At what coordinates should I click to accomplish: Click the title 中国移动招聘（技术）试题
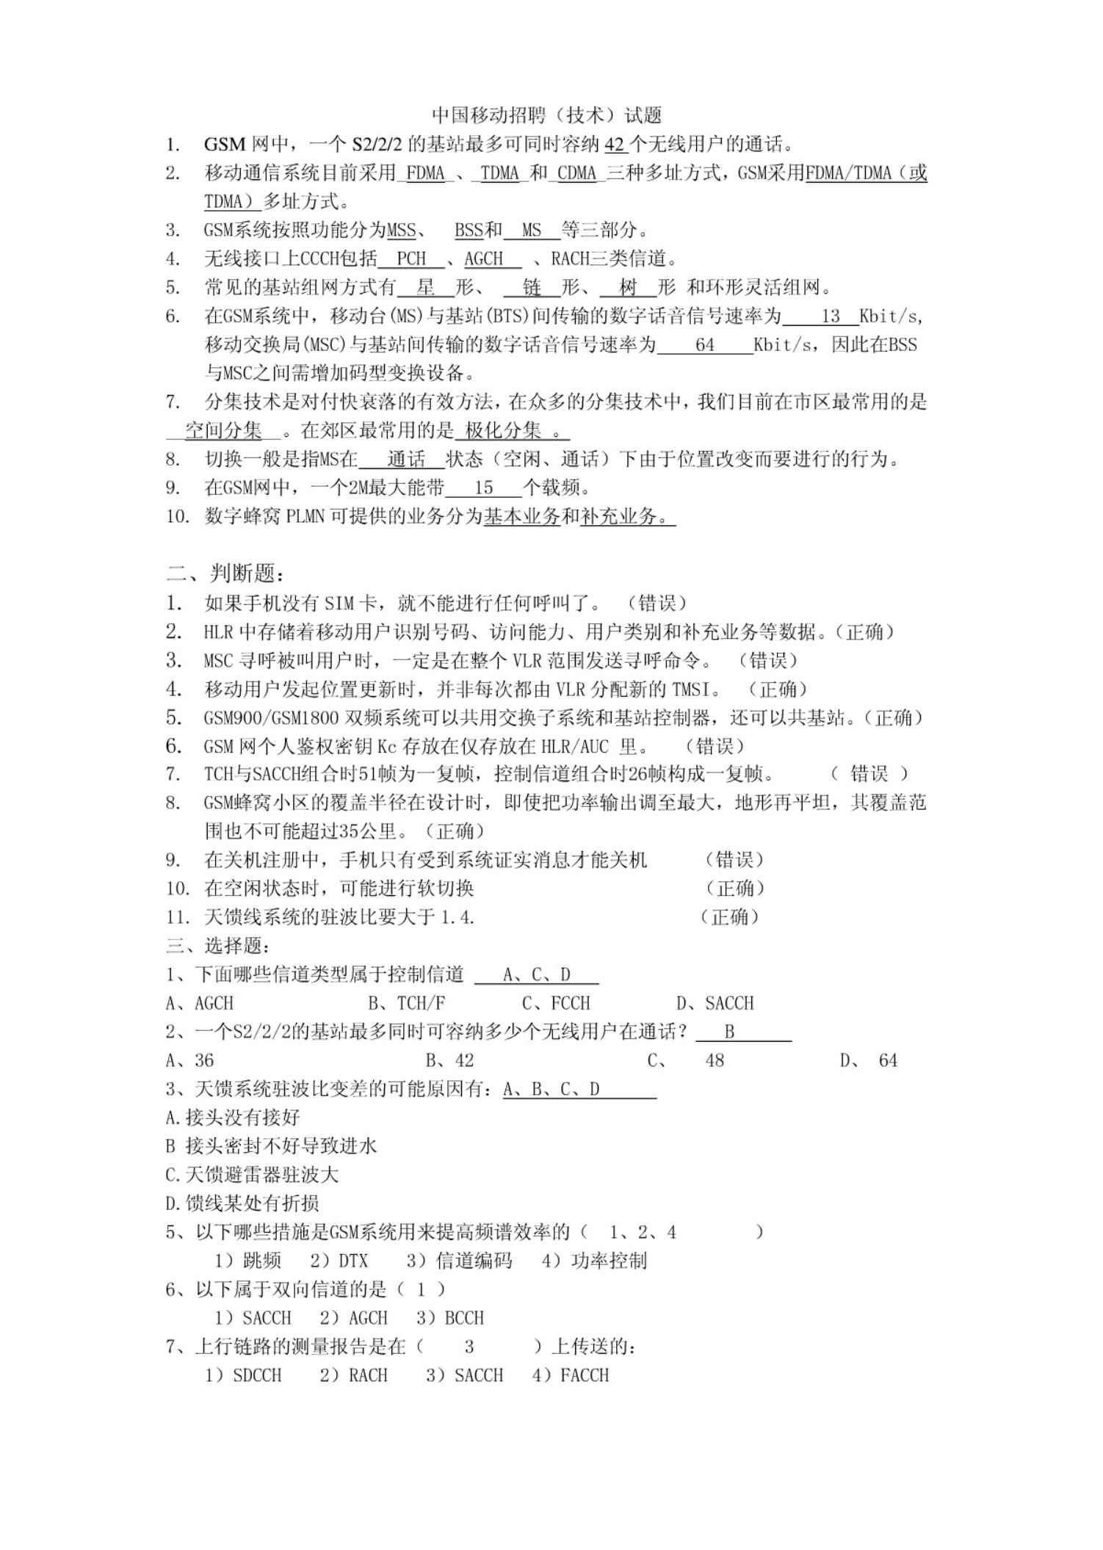click(x=547, y=115)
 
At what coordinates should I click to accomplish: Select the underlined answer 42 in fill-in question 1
click(x=614, y=145)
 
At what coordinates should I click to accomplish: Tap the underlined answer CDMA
click(x=576, y=173)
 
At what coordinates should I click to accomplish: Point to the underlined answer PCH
click(x=411, y=259)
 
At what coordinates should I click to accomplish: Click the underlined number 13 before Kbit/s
click(x=831, y=316)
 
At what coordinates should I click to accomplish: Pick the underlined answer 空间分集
click(x=223, y=431)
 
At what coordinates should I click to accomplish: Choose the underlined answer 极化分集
click(x=504, y=431)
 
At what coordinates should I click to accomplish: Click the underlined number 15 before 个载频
click(x=483, y=488)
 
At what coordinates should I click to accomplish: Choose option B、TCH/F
click(x=407, y=1003)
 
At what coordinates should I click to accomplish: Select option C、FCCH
click(x=556, y=1003)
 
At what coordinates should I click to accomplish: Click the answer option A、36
click(x=189, y=1060)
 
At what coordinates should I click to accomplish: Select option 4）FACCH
click(x=571, y=1375)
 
